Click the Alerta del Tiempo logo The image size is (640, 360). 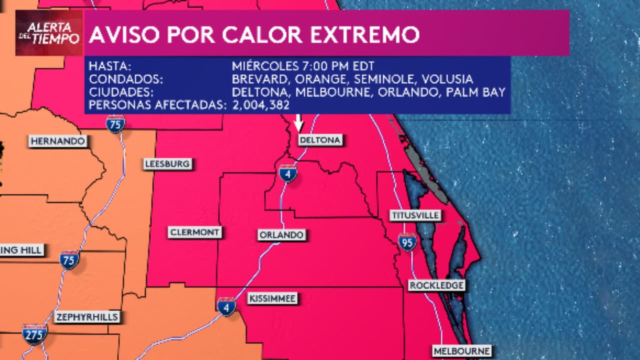pos(49,32)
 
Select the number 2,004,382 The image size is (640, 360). pos(261,104)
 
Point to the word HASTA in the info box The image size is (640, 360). pos(110,66)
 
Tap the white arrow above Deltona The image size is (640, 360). pos(298,122)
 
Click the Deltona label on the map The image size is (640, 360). pos(320,140)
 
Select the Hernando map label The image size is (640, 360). pos(58,141)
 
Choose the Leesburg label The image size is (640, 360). pos(167,164)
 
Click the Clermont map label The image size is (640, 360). pos(194,232)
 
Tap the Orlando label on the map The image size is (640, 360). pos(281,235)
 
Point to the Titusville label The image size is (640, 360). pos(415,215)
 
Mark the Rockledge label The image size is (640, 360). pos(436,285)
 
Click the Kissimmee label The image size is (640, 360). pos(272,299)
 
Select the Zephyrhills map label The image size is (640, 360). pos(87,317)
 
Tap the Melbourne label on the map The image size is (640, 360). pos(461,351)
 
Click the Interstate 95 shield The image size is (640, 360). pos(407,242)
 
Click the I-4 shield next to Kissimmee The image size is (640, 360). pos(226,306)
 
